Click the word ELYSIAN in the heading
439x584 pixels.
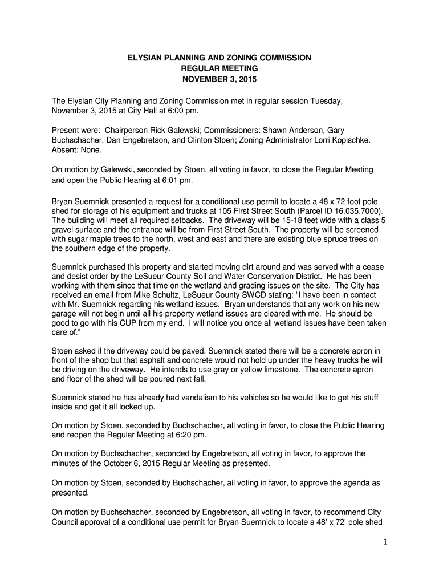pyautogui.click(x=144, y=58)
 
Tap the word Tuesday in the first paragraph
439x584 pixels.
pyautogui.click(x=326, y=101)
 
